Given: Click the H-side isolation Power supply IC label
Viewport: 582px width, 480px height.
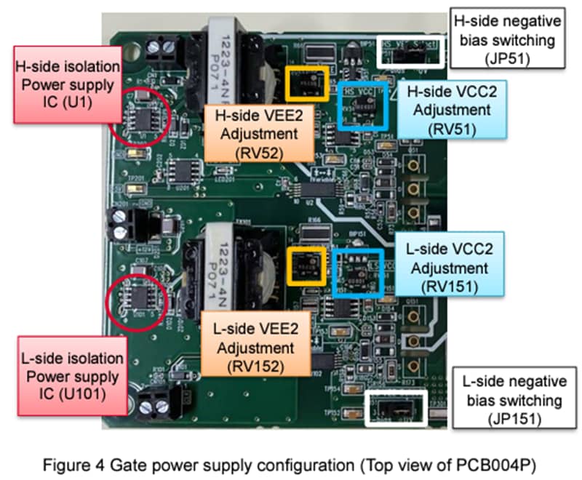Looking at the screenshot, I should click(x=65, y=81).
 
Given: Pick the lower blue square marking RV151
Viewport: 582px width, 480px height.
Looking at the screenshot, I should click(x=359, y=273).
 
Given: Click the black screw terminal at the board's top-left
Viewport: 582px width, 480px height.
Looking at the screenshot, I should click(x=162, y=49).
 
